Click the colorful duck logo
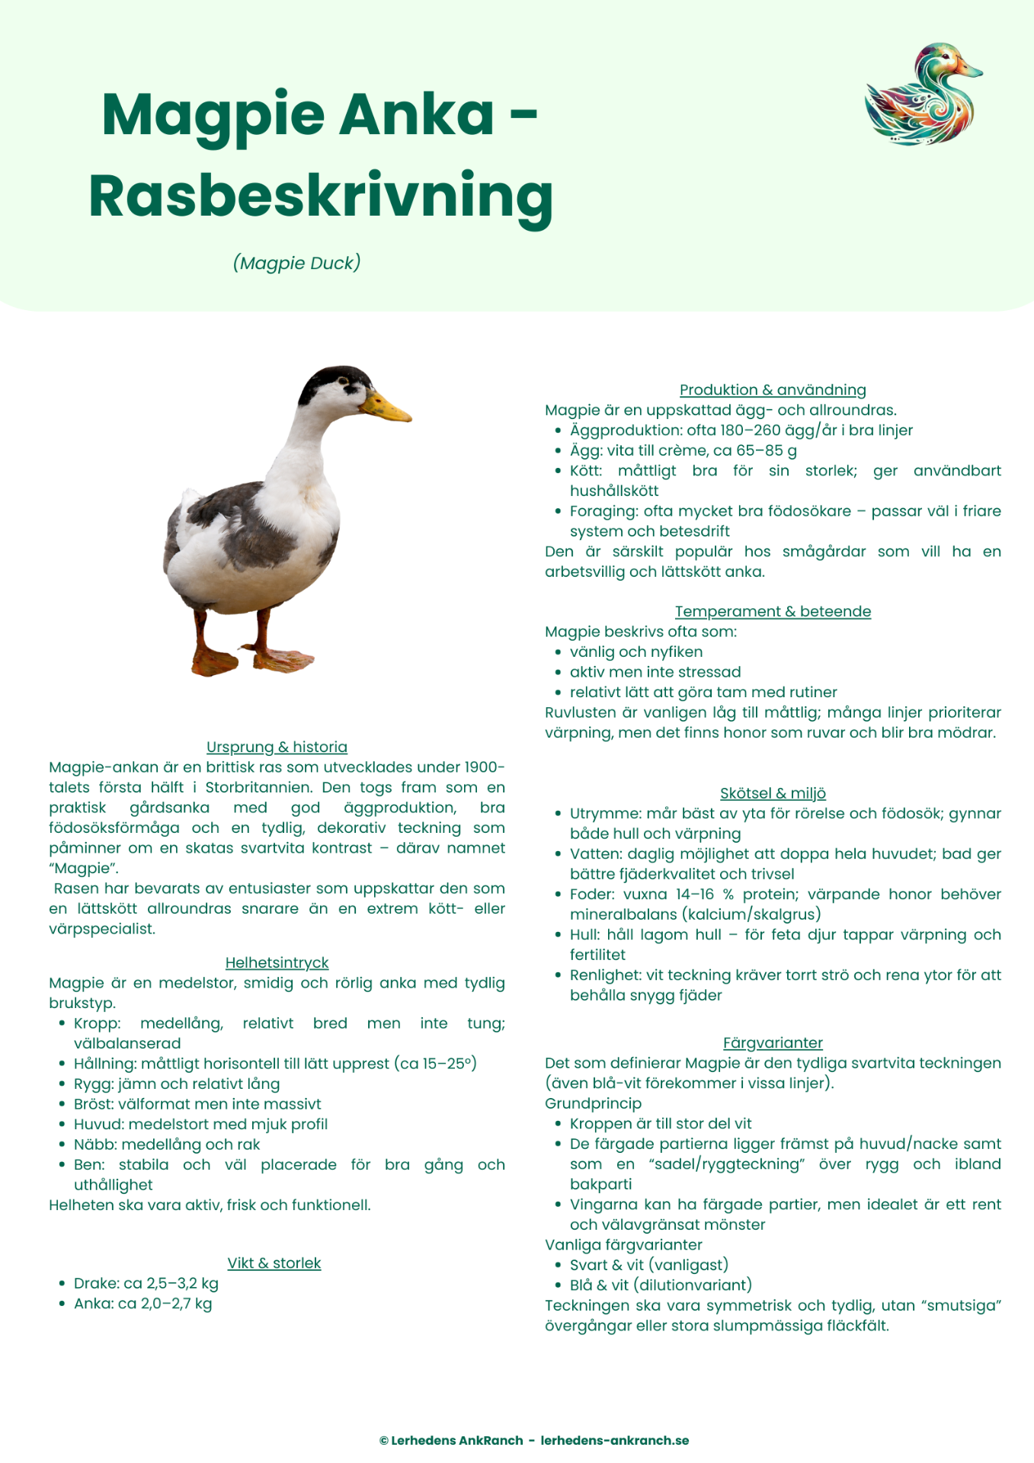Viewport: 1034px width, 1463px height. [923, 94]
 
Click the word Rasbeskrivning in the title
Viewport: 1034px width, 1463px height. [321, 196]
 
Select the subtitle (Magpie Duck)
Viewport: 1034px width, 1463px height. [296, 263]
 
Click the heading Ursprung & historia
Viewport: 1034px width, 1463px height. [277, 747]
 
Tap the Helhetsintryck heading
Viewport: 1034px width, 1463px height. [277, 962]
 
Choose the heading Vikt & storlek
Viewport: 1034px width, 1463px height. [274, 1263]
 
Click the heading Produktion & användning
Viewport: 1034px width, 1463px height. [773, 389]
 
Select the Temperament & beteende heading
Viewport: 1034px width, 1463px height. [773, 611]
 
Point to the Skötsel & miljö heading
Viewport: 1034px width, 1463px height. [773, 793]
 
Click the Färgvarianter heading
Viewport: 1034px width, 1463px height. [773, 1042]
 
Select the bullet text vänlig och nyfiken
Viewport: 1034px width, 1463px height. [636, 651]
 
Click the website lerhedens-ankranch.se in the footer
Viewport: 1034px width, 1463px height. [615, 1440]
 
